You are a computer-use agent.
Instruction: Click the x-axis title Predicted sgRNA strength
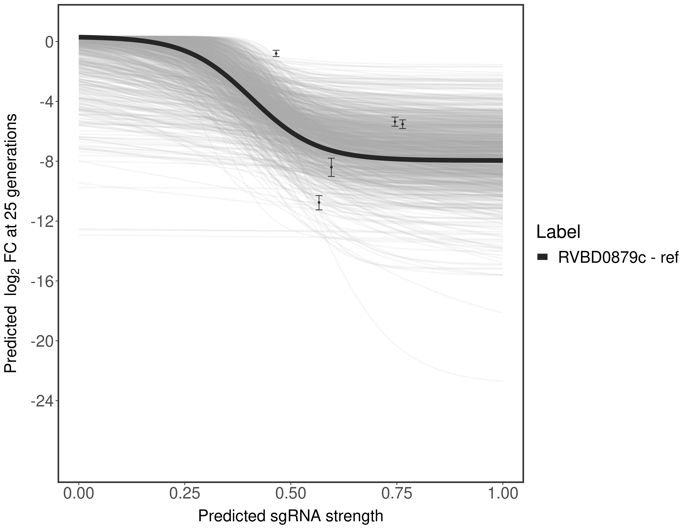click(x=290, y=516)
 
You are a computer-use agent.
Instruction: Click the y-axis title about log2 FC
click(x=11, y=243)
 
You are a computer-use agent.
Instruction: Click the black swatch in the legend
click(x=543, y=257)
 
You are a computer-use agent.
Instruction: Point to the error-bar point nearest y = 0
click(x=276, y=54)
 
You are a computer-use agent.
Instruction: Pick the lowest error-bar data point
click(x=319, y=202)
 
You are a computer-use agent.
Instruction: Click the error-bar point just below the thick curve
click(x=331, y=167)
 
